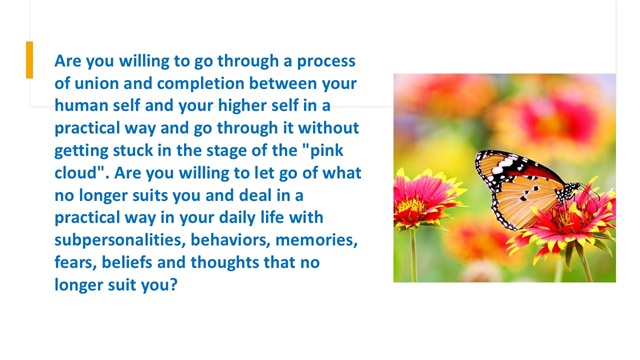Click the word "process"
click(326, 62)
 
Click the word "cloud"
click(78, 173)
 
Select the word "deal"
click(255, 196)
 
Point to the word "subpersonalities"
click(120, 241)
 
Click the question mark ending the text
click(174, 285)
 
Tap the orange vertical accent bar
click(29, 60)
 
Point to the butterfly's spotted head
click(569, 191)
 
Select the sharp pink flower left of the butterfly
click(424, 199)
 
